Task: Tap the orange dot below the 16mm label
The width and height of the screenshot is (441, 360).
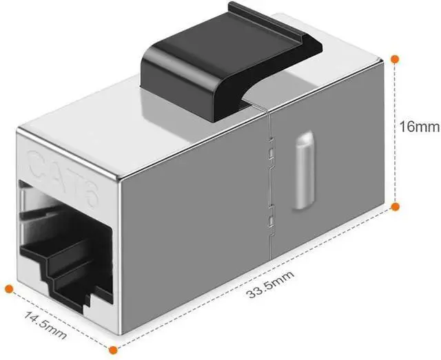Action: [396, 206]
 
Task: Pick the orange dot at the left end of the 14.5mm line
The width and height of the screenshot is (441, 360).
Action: [8, 288]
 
